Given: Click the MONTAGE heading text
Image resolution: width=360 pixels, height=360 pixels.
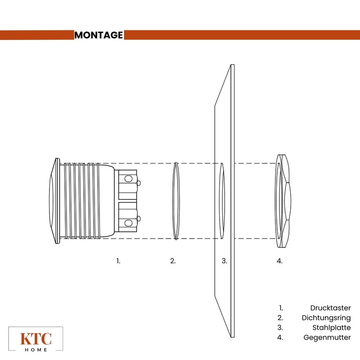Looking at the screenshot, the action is tap(99, 35).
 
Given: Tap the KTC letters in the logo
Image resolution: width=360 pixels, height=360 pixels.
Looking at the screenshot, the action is tap(36, 339).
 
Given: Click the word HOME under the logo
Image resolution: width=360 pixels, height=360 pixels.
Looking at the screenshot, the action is tap(36, 350).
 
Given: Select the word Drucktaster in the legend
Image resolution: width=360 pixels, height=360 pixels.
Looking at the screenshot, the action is tap(330, 308).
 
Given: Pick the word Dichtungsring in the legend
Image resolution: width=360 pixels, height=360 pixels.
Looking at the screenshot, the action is tap(326, 318).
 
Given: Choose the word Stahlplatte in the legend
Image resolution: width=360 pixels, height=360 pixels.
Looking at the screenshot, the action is tap(332, 328).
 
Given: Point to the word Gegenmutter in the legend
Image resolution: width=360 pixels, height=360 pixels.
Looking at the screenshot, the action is tap(327, 337).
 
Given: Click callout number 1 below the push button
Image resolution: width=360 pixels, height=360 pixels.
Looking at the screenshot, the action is tap(118, 261).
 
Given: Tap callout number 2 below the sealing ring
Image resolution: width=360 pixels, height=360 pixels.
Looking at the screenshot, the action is tap(173, 261).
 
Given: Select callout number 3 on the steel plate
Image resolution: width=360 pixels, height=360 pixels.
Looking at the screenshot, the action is tap(224, 261).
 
